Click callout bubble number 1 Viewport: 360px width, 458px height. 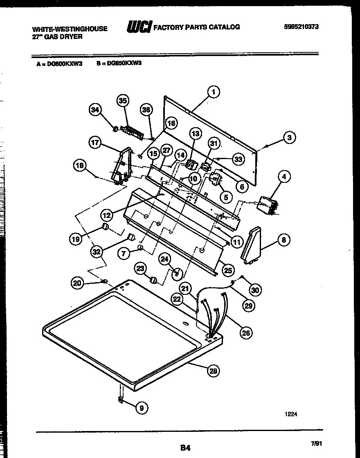point(213,92)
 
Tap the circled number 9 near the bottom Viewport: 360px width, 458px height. point(142,407)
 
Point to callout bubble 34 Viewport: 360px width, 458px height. point(95,110)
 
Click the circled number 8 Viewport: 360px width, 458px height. point(283,240)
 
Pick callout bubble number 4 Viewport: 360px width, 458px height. point(283,177)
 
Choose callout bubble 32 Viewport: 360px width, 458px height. point(97,252)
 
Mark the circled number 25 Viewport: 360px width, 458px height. point(228,270)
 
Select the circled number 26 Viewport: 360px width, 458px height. point(245,332)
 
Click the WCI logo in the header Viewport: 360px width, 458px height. point(139,27)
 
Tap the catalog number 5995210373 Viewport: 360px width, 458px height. point(301,27)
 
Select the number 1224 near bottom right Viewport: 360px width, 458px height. point(291,414)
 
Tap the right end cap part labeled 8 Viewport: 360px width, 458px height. point(250,244)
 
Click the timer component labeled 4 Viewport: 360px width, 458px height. point(266,204)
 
